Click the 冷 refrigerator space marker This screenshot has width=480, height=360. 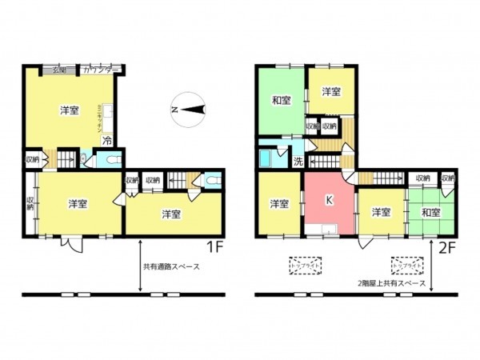[x=106, y=140]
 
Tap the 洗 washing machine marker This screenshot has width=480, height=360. [x=298, y=162]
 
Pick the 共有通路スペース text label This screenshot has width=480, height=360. [x=171, y=266]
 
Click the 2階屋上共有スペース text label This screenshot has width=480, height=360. [x=391, y=283]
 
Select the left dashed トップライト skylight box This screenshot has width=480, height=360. [x=304, y=265]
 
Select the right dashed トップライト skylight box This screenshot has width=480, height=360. [x=406, y=265]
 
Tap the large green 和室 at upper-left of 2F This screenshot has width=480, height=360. [x=280, y=101]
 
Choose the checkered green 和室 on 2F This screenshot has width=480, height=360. [x=430, y=212]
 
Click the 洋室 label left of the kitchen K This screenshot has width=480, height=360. [x=278, y=204]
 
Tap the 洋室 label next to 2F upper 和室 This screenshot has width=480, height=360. [x=332, y=93]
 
